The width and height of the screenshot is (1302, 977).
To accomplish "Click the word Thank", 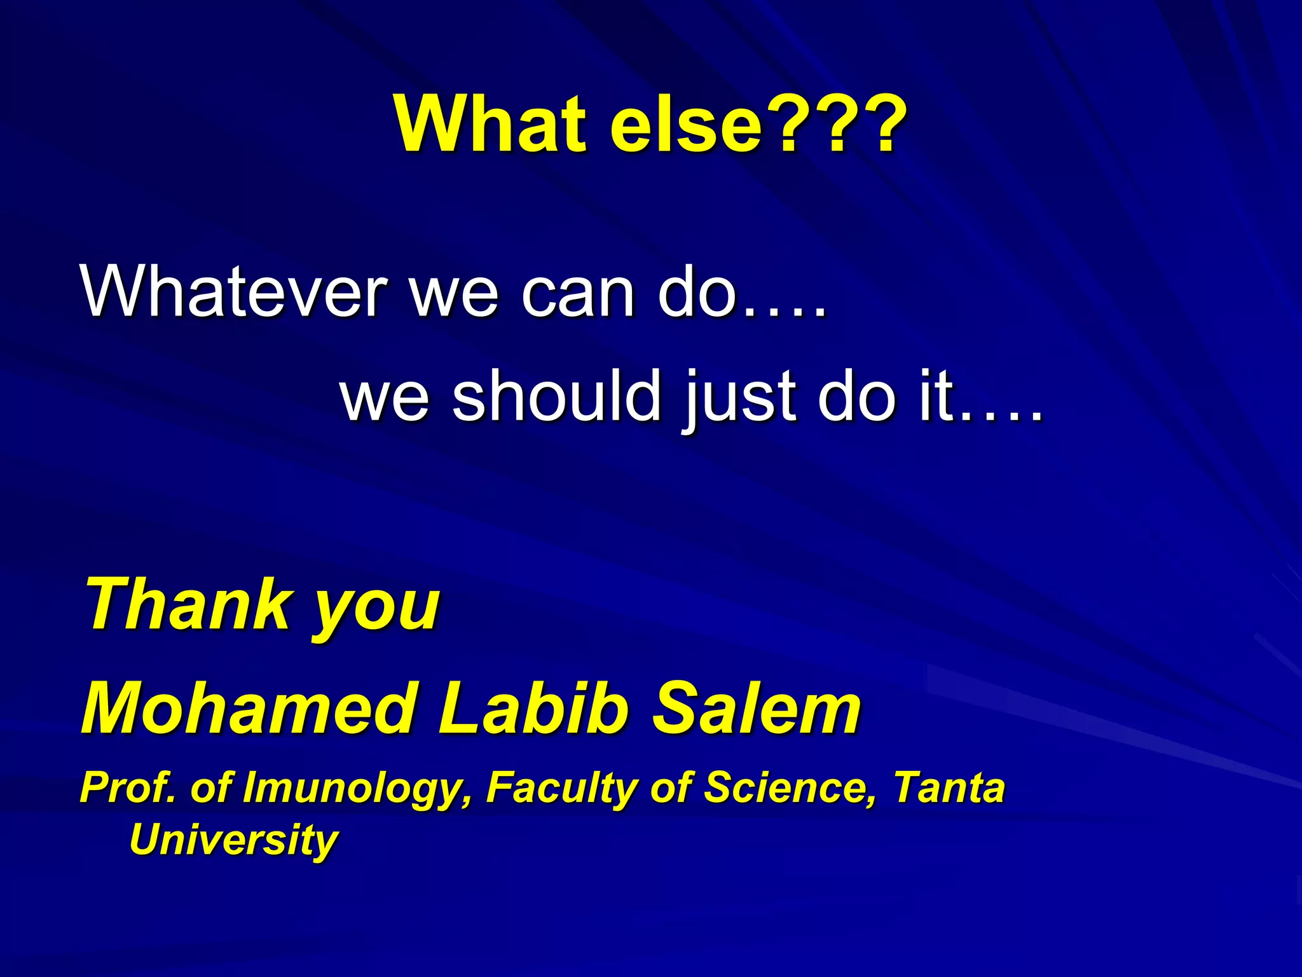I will pos(187,604).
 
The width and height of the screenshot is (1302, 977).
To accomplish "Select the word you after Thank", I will pos(376,611).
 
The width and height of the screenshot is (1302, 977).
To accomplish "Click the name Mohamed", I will pos(248,708).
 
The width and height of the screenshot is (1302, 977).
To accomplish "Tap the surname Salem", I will pos(757,708).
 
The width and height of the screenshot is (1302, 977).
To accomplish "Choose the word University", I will pos(233,840).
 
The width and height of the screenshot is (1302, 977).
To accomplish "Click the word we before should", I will pos(385,398).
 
